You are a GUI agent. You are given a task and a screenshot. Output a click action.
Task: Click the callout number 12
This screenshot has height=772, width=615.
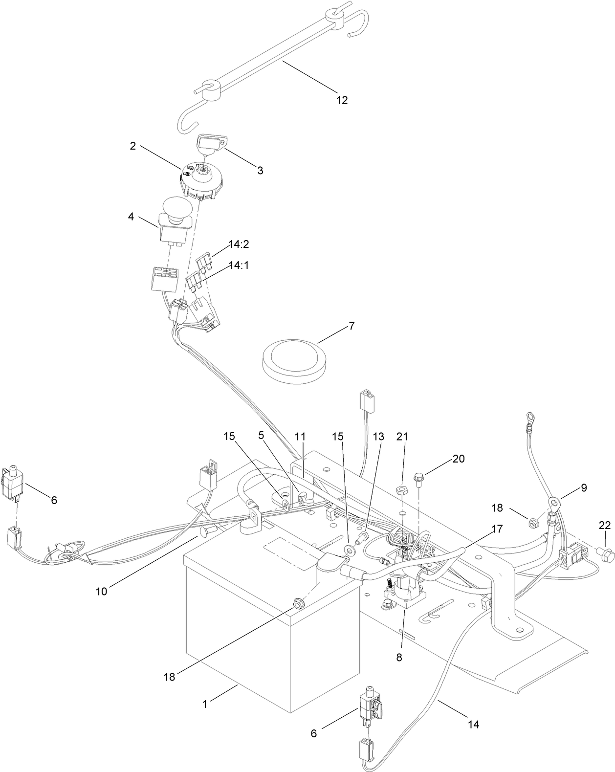tap(342, 100)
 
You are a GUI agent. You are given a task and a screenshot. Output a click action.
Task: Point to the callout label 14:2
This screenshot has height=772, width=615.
tap(239, 244)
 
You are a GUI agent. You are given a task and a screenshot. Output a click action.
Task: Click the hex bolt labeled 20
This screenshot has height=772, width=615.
tap(418, 476)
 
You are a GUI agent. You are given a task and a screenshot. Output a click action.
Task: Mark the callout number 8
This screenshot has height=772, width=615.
tap(399, 657)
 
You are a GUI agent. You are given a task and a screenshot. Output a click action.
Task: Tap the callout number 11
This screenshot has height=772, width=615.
tap(300, 435)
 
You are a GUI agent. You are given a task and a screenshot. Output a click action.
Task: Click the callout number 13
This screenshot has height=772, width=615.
tap(379, 435)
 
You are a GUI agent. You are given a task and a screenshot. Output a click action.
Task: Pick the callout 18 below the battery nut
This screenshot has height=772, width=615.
tap(169, 677)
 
